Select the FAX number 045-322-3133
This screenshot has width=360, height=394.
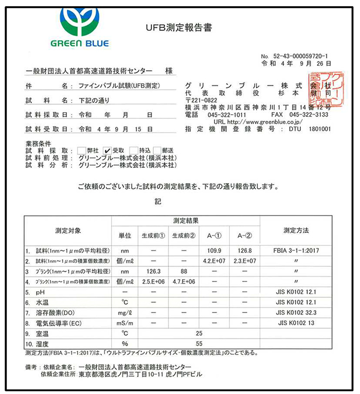(308, 115)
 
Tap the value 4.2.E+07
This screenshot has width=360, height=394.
(213, 261)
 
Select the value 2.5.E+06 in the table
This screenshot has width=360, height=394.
(153, 281)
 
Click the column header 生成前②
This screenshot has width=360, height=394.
(183, 236)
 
